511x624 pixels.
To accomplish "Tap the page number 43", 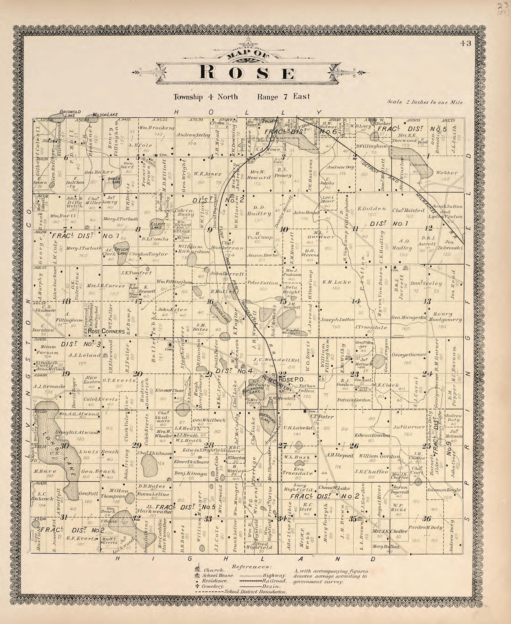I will click(466, 43).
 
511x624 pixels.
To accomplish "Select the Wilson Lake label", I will click(101, 115).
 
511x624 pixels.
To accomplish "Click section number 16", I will click(210, 302).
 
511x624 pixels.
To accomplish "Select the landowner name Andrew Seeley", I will click(193, 135).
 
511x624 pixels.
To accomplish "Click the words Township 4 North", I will click(205, 97).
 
